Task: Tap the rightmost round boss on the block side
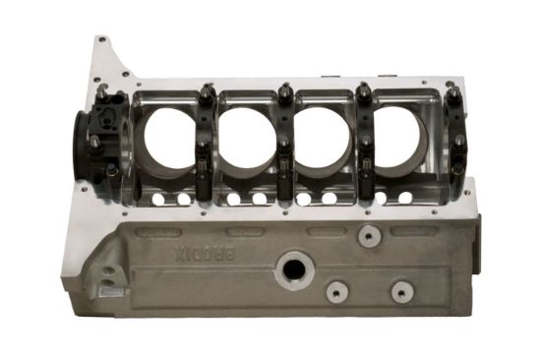(401, 291)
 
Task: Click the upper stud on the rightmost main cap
(454, 95)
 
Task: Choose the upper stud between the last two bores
(363, 93)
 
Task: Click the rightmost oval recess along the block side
(402, 230)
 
